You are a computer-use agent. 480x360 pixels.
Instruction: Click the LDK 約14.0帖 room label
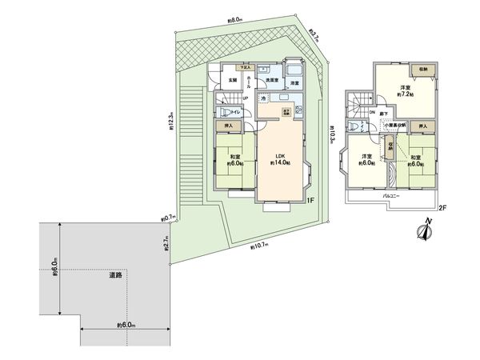280,158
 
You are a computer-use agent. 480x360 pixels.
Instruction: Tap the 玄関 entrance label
231,80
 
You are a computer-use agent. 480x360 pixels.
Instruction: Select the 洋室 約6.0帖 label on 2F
365,159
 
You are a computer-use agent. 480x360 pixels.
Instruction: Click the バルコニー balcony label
391,194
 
